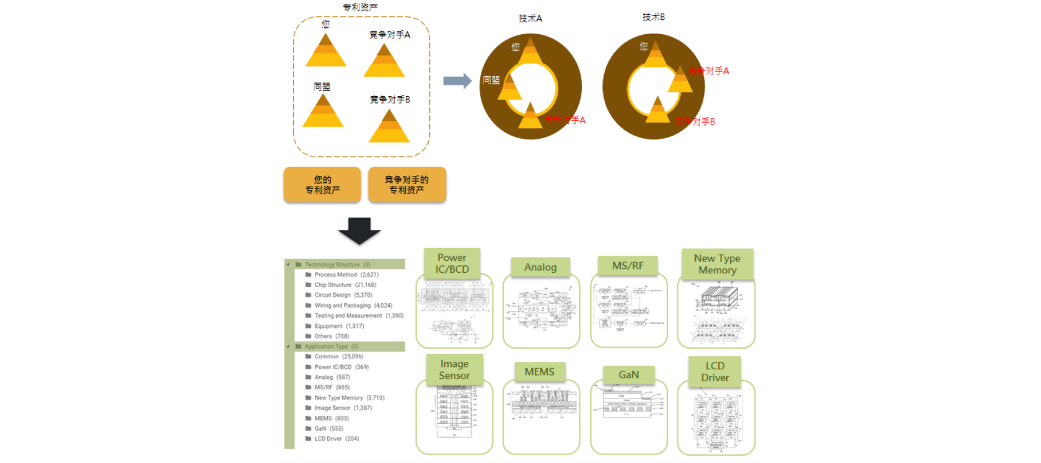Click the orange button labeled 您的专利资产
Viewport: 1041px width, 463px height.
pyautogui.click(x=322, y=185)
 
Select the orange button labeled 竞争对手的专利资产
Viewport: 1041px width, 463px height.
pyautogui.click(x=406, y=185)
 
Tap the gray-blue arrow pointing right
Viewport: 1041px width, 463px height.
pyautogui.click(x=457, y=81)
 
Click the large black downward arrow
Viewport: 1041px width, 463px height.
pyautogui.click(x=359, y=230)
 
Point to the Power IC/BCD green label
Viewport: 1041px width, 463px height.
pyautogui.click(x=452, y=263)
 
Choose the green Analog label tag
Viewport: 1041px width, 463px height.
pyautogui.click(x=540, y=267)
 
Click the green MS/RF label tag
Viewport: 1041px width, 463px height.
pyautogui.click(x=628, y=266)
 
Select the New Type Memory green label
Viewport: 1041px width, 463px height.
pyautogui.click(x=717, y=264)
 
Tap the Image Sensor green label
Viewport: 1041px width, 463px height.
pyautogui.click(x=454, y=369)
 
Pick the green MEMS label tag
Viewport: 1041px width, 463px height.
pyautogui.click(x=540, y=372)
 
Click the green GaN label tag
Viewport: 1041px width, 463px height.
pyautogui.click(x=628, y=374)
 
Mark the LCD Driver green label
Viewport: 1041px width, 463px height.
pyautogui.click(x=715, y=372)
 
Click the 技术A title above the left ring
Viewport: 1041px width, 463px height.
pyautogui.click(x=530, y=19)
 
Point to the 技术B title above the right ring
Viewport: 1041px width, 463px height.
pyautogui.click(x=654, y=17)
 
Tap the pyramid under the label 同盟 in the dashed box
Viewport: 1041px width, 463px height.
pyautogui.click(x=323, y=112)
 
